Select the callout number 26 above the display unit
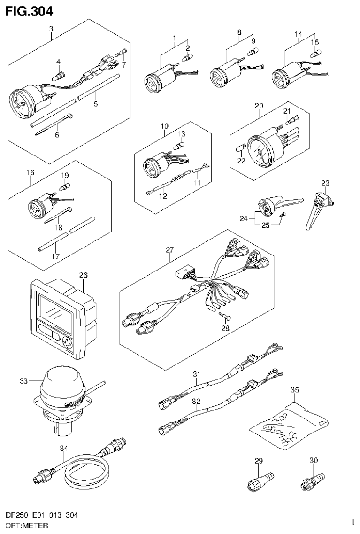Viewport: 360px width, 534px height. pyautogui.click(x=83, y=274)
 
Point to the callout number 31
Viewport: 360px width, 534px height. pyautogui.click(x=196, y=374)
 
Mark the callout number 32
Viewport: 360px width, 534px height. pyautogui.click(x=196, y=402)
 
